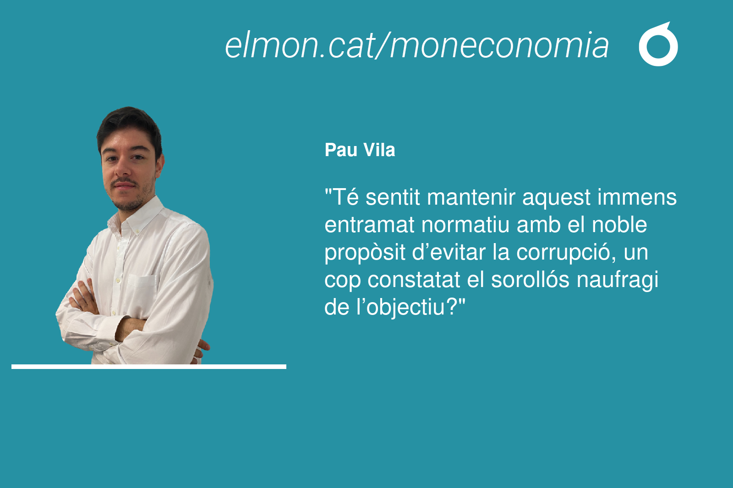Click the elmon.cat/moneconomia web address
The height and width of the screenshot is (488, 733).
pyautogui.click(x=416, y=45)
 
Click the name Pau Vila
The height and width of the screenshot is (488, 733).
pyautogui.click(x=360, y=150)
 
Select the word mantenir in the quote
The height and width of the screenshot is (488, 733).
pyautogui.click(x=471, y=197)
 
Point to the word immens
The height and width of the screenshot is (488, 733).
pyautogui.click(x=637, y=197)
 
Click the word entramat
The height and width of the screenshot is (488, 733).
pyautogui.click(x=369, y=225)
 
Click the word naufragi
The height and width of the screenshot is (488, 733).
pyautogui.click(x=617, y=280)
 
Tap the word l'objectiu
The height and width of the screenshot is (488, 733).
pyautogui.click(x=406, y=308)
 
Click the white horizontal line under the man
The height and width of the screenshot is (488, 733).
pyautogui.click(x=149, y=367)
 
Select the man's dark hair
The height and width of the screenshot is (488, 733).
pyautogui.click(x=130, y=128)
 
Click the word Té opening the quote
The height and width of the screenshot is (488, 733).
pyautogui.click(x=345, y=197)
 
